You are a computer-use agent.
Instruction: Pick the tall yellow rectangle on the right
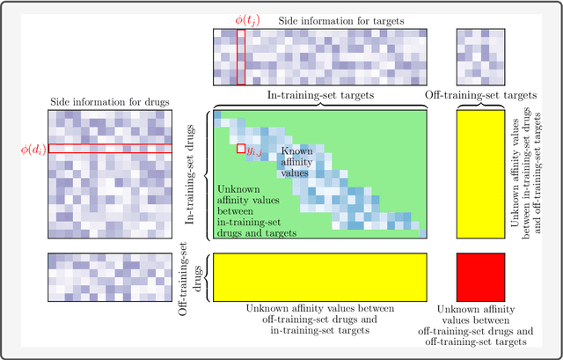480,174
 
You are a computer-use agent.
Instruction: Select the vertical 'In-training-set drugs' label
190,174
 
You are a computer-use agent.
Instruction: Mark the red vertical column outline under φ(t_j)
241,56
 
